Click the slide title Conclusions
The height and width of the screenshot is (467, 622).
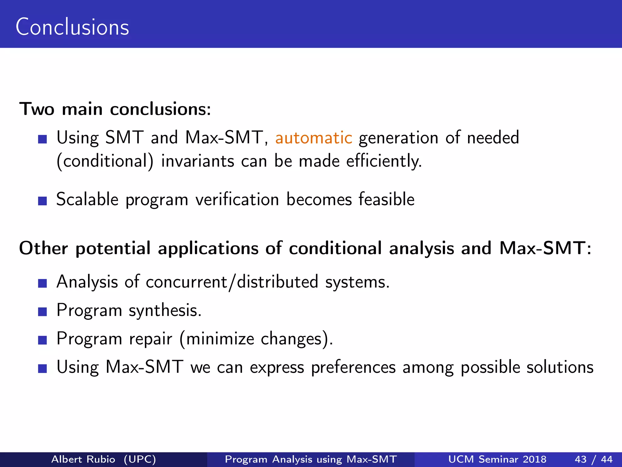pyautogui.click(x=72, y=27)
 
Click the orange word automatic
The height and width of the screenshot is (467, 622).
pyautogui.click(x=313, y=138)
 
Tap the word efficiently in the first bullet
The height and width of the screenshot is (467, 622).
pyautogui.click(x=384, y=161)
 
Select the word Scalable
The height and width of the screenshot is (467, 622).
pyautogui.click(x=87, y=200)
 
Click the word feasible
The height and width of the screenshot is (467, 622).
pyautogui.click(x=386, y=200)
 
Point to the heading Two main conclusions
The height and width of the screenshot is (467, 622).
pyautogui.click(x=115, y=109)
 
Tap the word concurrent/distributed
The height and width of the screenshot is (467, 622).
pyautogui.click(x=232, y=282)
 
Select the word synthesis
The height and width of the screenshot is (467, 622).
pyautogui.click(x=165, y=310)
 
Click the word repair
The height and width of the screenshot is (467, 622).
pyautogui.click(x=150, y=339)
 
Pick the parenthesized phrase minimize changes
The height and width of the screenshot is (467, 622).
pyautogui.click(x=256, y=339)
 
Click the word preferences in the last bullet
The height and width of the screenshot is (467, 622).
pyautogui.click(x=353, y=367)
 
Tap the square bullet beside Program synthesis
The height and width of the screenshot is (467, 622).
pyautogui.click(x=43, y=312)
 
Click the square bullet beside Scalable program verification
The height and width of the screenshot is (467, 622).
pyautogui.click(x=43, y=201)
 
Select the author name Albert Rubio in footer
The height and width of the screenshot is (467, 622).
pyautogui.click(x=83, y=459)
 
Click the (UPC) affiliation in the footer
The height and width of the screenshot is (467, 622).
pyautogui.click(x=140, y=459)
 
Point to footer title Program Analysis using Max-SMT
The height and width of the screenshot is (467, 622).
pyautogui.click(x=311, y=459)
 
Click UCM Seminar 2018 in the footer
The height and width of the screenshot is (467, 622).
pyautogui.click(x=497, y=459)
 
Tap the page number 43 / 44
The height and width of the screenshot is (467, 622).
pyautogui.click(x=593, y=459)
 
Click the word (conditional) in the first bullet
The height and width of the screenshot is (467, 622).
pyautogui.click(x=105, y=161)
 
